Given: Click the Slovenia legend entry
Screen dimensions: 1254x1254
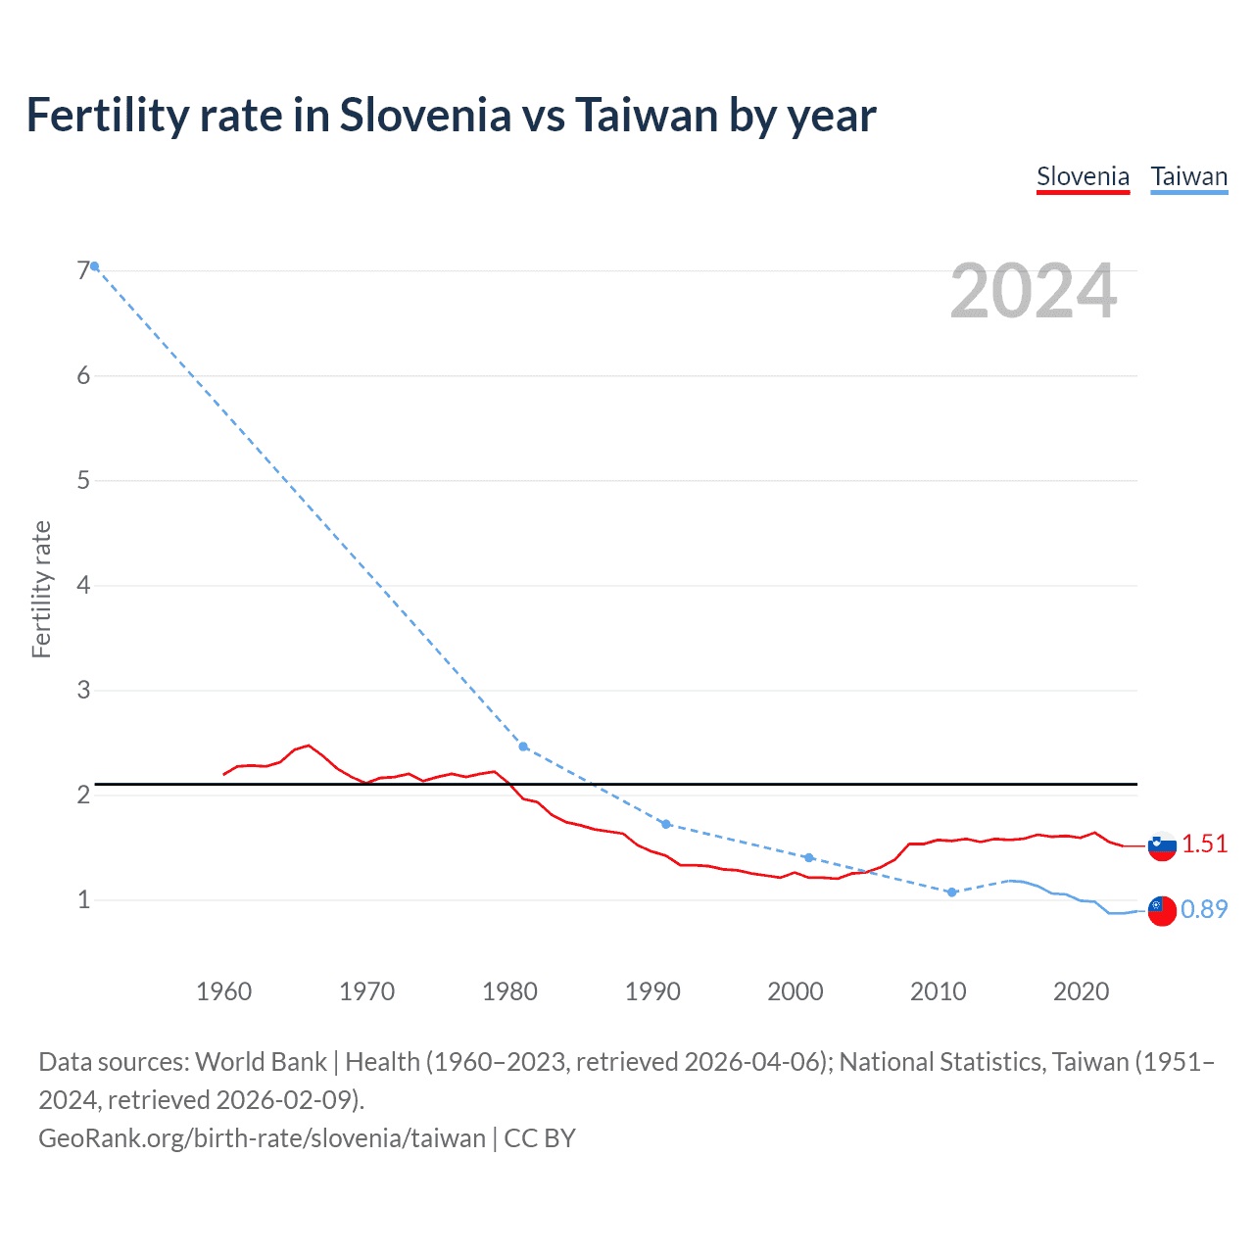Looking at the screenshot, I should coord(1083,177).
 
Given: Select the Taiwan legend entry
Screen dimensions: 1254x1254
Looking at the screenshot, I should coord(1188,177).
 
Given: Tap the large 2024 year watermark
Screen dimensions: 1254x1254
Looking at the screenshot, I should coord(1033,291).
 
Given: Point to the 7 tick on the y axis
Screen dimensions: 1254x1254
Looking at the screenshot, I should coord(83,270).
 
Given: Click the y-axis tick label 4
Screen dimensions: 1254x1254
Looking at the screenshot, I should coord(83,585).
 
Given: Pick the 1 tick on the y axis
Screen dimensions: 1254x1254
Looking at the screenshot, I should coord(83,899).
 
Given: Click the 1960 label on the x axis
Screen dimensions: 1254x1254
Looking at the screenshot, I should coord(223,991).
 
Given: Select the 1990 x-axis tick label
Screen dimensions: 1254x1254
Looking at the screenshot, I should coord(652,991).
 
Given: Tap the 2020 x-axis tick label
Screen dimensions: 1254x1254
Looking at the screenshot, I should coord(1081,991).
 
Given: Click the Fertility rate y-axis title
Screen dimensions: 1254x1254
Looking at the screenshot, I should coord(41,589).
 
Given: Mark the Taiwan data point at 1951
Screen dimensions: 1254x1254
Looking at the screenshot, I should coord(94,266).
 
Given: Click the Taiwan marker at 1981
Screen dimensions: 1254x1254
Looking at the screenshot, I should coord(523,747).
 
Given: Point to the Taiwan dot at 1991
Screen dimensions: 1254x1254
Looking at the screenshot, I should coord(666,824).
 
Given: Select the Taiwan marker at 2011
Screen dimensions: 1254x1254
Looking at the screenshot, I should coord(951,892).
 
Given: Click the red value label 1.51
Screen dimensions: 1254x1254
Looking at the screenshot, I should coord(1204,844).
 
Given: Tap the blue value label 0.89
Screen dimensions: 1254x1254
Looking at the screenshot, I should coord(1204,909).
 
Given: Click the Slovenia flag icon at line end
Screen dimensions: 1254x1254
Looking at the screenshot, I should coord(1162,845).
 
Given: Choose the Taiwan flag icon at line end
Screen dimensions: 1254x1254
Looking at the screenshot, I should coord(1162,910).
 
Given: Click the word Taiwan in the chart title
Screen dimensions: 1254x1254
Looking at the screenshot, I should coord(646,116).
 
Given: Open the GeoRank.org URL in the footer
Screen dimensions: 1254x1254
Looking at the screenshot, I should coord(262,1137).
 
